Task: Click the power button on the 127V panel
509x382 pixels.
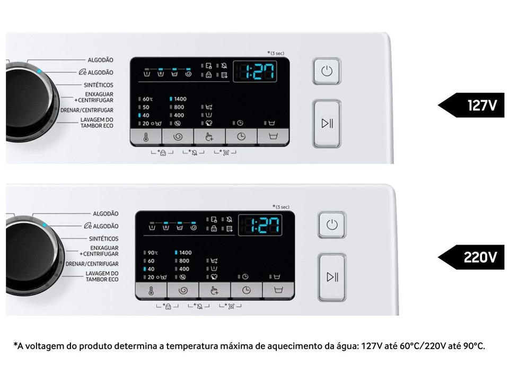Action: click(327, 71)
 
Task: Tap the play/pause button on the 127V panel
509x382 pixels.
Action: click(327, 124)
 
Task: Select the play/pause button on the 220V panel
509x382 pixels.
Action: click(332, 277)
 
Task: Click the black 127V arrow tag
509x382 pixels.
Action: click(472, 105)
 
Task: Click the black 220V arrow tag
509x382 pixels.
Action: click(472, 257)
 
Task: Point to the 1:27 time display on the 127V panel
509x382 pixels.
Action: click(256, 71)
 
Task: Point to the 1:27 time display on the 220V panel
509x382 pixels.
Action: click(260, 225)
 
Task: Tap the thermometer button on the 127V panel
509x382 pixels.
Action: click(146, 137)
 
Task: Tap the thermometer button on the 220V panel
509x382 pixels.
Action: click(151, 290)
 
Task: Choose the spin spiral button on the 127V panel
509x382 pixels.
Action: click(178, 137)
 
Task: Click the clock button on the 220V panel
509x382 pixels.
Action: click(247, 290)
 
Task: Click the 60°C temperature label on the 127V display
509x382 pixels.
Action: click(147, 99)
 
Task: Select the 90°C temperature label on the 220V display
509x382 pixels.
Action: click(153, 253)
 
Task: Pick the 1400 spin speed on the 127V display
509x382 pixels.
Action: click(180, 99)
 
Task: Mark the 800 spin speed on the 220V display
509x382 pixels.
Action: click(184, 261)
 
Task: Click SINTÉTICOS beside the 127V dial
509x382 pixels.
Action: click(98, 85)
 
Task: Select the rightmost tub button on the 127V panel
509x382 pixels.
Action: click(273, 137)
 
